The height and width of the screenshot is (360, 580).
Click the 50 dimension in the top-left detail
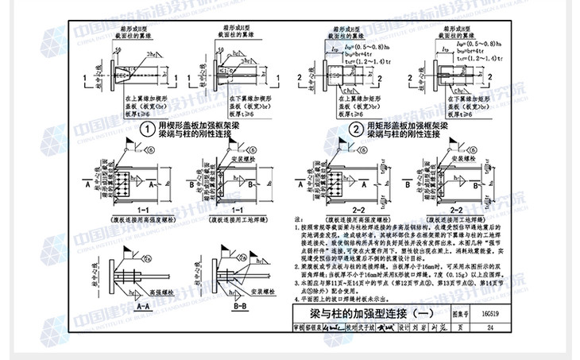[x=118, y=49]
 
